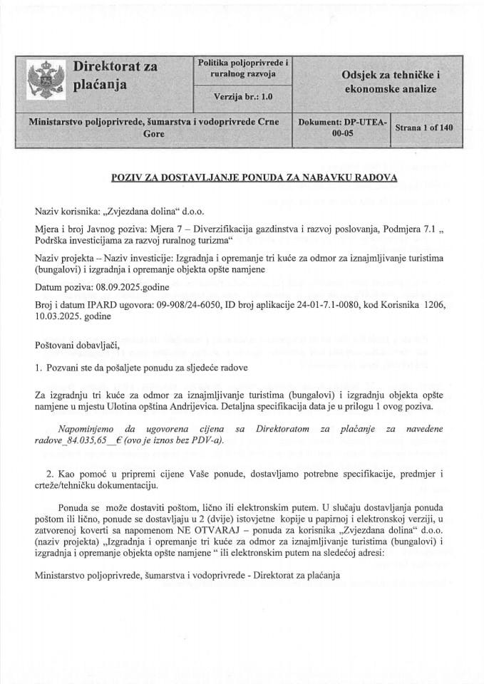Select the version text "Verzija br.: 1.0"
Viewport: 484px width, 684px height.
coord(243,95)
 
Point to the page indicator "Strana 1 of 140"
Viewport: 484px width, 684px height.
coord(423,128)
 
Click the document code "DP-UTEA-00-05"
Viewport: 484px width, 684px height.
coord(343,128)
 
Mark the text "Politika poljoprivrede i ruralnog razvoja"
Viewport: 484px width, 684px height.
coord(243,68)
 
